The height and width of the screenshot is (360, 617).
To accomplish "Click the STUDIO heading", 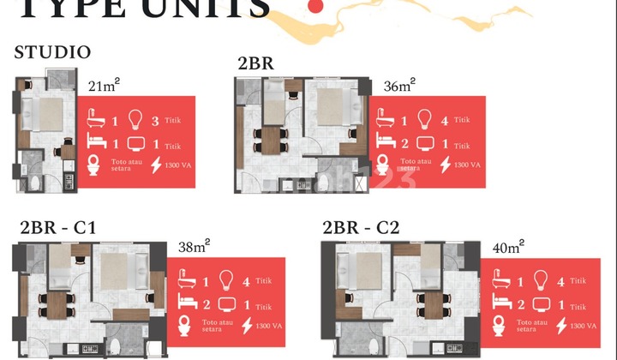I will pyautogui.click(x=52, y=52).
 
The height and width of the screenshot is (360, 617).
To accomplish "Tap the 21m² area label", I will pyautogui.click(x=104, y=86).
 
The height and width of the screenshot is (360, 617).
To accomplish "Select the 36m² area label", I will pyautogui.click(x=400, y=85).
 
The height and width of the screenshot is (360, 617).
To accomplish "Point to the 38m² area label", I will pyautogui.click(x=195, y=246).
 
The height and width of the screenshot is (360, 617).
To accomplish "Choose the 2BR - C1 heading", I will pyautogui.click(x=57, y=227).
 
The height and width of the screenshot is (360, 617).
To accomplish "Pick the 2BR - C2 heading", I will pyautogui.click(x=361, y=227).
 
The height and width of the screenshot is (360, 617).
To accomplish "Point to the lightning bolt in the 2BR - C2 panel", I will pyautogui.click(x=561, y=327).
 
